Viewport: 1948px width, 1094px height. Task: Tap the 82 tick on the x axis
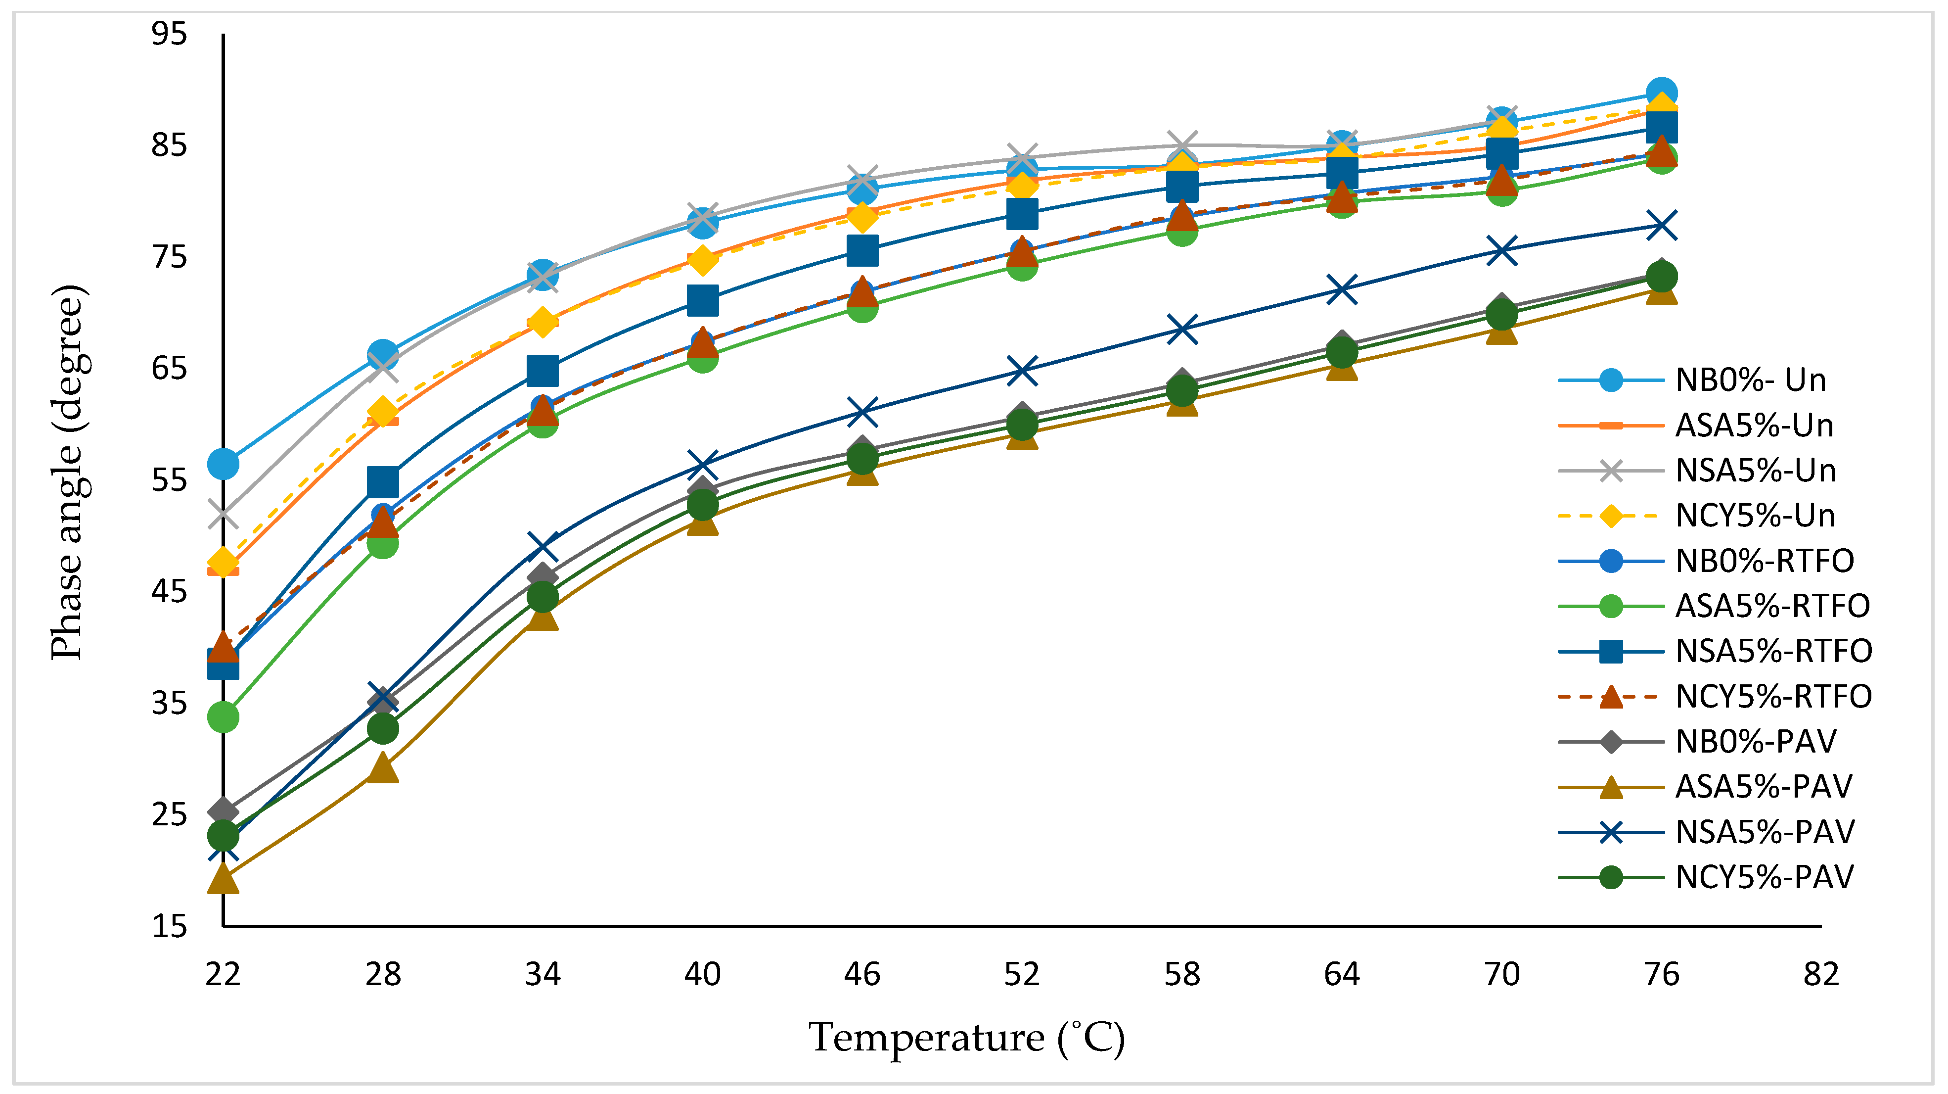pos(1820,974)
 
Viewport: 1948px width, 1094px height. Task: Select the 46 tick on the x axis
pos(861,974)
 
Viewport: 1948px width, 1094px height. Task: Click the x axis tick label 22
pos(223,974)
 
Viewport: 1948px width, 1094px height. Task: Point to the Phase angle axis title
pos(68,473)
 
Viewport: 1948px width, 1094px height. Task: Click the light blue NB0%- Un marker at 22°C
pos(223,464)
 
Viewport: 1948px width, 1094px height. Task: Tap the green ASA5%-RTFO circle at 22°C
pos(223,716)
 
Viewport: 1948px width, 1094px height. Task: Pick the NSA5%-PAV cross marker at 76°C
pos(1661,226)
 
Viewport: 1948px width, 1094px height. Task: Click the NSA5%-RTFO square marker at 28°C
pos(383,482)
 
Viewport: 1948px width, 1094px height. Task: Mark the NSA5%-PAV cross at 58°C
pos(1182,330)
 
